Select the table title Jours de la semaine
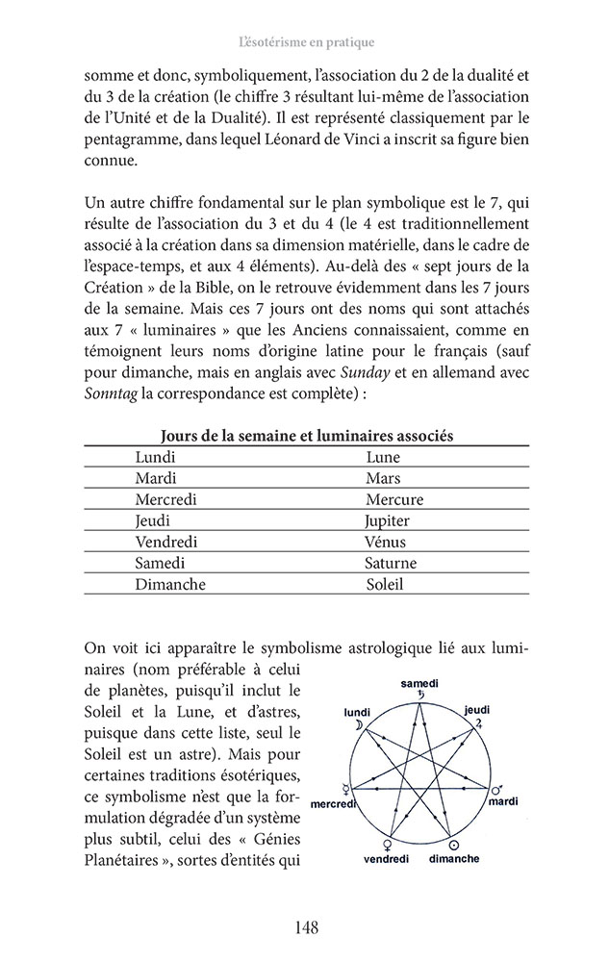coord(307,436)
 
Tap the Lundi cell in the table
coord(156,457)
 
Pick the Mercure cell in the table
coord(394,499)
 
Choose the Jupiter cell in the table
coord(388,520)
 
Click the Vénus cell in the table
coord(386,542)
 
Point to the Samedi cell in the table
coord(161,563)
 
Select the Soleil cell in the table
coord(385,584)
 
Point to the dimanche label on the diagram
coord(454,857)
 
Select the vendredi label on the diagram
coord(388,858)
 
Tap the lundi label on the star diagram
coord(357,713)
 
